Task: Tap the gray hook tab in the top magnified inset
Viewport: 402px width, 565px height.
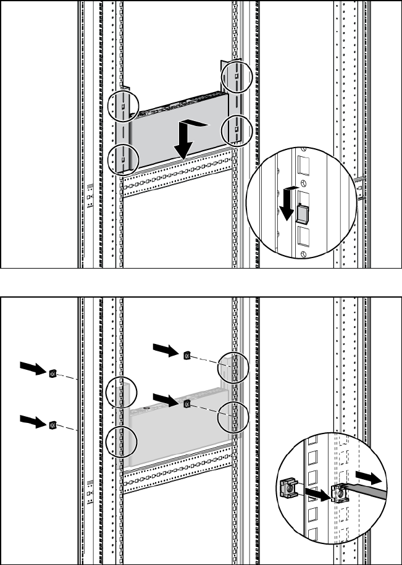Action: coord(301,213)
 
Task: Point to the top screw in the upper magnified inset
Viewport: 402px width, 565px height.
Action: coord(304,149)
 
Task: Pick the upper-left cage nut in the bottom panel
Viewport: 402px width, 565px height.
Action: coord(52,373)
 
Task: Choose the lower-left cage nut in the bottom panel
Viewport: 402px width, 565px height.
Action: coord(52,424)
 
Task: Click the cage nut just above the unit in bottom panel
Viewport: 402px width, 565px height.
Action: coord(186,404)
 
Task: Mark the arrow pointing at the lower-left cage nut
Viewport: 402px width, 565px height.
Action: coord(31,421)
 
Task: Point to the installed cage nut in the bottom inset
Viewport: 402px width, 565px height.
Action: coord(338,492)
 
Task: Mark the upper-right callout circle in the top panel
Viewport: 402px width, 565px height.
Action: coord(237,76)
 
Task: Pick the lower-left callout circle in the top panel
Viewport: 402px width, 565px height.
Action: coord(121,159)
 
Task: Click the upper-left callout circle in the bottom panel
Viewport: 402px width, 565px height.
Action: coord(121,391)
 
